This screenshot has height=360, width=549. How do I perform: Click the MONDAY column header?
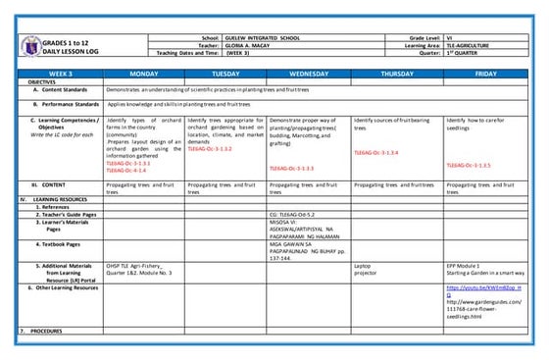pyautogui.click(x=143, y=74)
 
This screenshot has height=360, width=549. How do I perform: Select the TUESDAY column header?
pyautogui.click(x=225, y=74)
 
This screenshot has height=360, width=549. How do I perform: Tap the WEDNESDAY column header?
pyautogui.click(x=308, y=74)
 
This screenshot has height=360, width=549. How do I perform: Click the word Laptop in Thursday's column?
pyautogui.click(x=363, y=265)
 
